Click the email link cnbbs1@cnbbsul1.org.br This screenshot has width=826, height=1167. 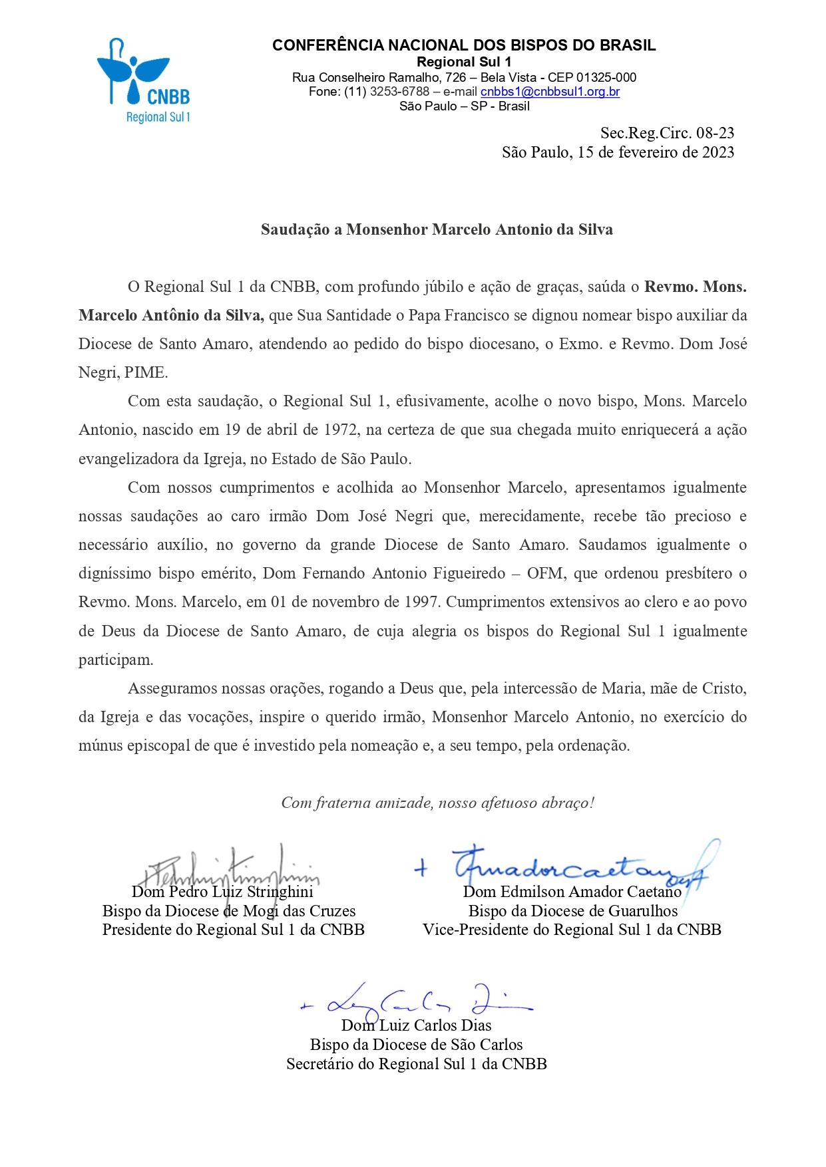click(550, 92)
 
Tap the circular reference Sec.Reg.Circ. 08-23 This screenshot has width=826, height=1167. click(667, 133)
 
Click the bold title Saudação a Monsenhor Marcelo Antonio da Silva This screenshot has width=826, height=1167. click(437, 229)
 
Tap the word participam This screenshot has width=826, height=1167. click(116, 660)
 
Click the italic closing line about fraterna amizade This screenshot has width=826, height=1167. click(437, 803)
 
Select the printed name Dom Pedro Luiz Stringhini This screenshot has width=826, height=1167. click(222, 892)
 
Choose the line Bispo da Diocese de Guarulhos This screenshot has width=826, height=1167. click(572, 911)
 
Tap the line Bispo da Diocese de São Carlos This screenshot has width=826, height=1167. click(416, 1045)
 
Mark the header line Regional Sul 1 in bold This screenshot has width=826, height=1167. click(464, 62)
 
